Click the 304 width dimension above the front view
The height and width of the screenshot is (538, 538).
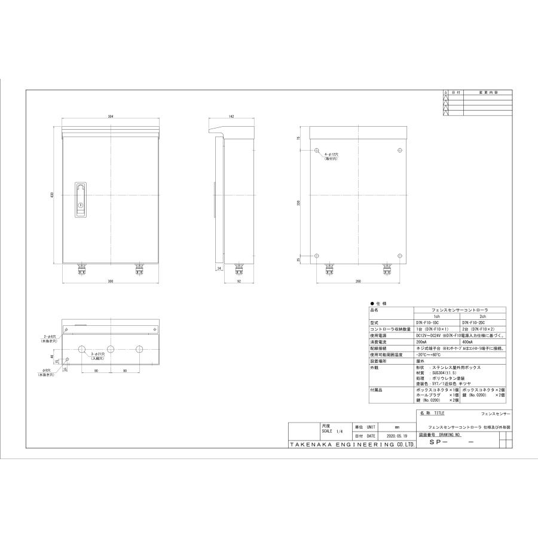[111, 115]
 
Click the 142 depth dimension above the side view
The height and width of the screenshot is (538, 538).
[231, 115]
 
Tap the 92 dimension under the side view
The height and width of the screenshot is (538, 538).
[238, 280]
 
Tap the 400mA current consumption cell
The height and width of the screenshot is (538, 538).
[467, 341]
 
